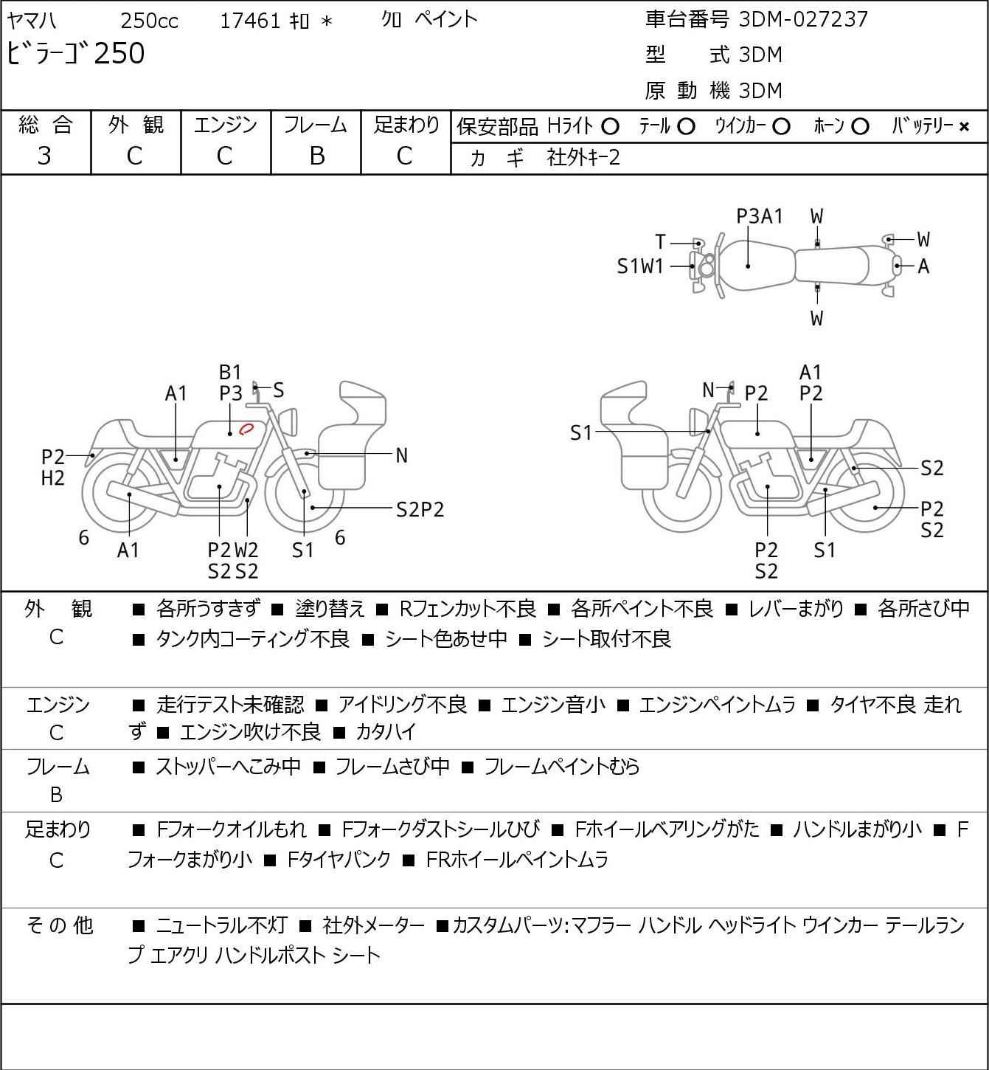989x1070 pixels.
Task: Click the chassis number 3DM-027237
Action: (x=803, y=19)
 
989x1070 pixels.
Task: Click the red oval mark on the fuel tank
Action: (x=247, y=427)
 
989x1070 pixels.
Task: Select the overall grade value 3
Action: (x=44, y=156)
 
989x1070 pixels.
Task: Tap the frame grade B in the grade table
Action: (x=316, y=156)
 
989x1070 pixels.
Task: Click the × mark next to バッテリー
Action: (x=964, y=127)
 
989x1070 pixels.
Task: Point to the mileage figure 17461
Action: (x=250, y=21)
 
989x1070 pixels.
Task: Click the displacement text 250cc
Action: (x=149, y=21)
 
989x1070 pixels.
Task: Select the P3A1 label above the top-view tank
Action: (x=760, y=216)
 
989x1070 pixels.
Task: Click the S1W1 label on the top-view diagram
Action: (x=640, y=266)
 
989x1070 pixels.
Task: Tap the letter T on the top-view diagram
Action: (x=660, y=242)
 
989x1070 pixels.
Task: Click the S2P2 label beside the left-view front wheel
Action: (x=420, y=509)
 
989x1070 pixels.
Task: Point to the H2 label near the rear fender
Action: (x=53, y=478)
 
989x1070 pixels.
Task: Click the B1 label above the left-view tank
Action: (x=230, y=372)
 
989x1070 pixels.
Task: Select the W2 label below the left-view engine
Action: (x=246, y=550)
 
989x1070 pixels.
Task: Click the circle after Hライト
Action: (x=610, y=127)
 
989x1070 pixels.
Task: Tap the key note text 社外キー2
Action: (x=583, y=157)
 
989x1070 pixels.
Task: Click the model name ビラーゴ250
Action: (x=76, y=54)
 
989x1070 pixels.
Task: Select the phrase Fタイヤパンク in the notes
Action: (x=339, y=860)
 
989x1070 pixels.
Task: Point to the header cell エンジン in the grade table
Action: (x=226, y=125)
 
